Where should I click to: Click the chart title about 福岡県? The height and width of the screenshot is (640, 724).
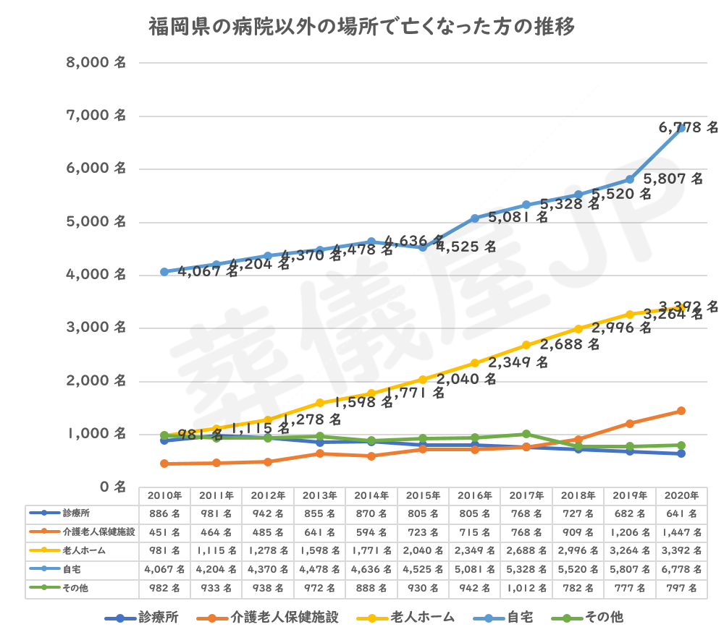pyautogui.click(x=362, y=28)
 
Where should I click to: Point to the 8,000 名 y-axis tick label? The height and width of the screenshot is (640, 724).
pyautogui.click(x=97, y=63)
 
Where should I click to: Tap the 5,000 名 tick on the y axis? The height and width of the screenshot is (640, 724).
pyautogui.click(x=97, y=222)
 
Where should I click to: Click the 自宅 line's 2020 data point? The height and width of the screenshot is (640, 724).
pyautogui.click(x=681, y=129)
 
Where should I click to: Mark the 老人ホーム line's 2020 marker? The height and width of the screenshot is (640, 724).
pyautogui.click(x=681, y=307)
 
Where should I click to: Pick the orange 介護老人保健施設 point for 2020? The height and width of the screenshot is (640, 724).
pyautogui.click(x=681, y=411)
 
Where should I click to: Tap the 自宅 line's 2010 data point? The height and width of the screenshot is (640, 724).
pyautogui.click(x=164, y=272)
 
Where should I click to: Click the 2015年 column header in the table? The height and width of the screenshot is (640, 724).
pyautogui.click(x=423, y=496)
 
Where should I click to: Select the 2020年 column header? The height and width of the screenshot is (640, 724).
pyautogui.click(x=681, y=496)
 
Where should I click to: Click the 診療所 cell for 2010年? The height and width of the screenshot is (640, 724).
pyautogui.click(x=164, y=514)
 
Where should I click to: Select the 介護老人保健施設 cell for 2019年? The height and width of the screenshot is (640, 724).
pyautogui.click(x=630, y=533)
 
